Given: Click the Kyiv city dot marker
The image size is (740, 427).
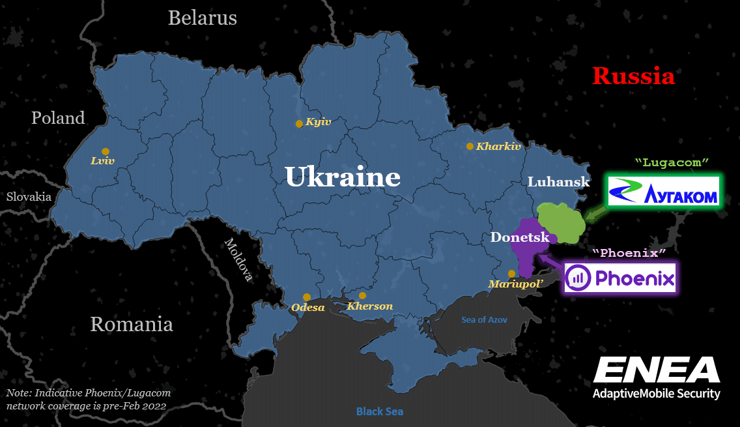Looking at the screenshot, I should pos(299,124).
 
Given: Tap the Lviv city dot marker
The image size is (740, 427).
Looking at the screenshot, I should pos(106,151).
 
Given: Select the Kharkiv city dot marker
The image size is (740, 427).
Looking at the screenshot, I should pos(470,147).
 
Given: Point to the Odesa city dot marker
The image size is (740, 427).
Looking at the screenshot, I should pos(306,297).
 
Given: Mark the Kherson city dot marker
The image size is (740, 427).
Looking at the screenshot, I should pos(362,295).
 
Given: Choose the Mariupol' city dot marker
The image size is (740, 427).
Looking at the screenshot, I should pos(511,274).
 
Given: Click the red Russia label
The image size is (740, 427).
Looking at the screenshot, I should pos(633,76).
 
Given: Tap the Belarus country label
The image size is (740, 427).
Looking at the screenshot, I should pos(203,18).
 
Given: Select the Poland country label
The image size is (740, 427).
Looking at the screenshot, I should pos(58,118).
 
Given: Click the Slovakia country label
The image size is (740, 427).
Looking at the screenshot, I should pos(29,196).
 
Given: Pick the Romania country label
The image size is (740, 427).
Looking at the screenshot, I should pos(132,324).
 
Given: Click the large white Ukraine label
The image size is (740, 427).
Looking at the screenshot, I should pos(343,177).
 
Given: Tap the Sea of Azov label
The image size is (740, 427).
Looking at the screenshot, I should pos(484,319).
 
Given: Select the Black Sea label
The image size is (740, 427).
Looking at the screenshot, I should pos(379,411).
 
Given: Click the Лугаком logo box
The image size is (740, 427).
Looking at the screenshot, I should pos(663,191).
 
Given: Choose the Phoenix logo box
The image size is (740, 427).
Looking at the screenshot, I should pos(619,278).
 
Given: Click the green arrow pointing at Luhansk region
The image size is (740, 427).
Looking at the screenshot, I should pos(593,212).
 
